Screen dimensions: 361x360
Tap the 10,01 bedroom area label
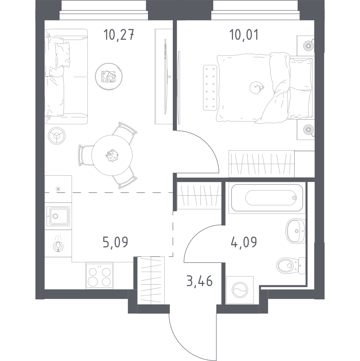244,36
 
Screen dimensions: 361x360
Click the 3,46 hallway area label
199,280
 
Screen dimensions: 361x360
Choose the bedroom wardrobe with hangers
262,164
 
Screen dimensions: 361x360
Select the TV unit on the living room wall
162,76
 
